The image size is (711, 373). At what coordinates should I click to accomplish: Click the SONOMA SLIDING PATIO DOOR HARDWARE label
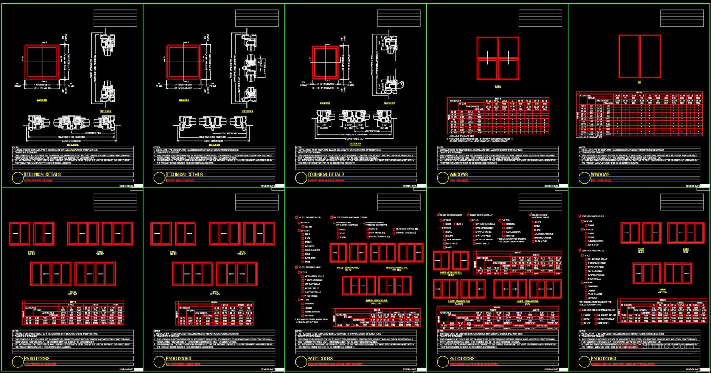(x=347, y=224)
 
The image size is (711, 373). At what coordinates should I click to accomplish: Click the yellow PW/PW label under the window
(x=497, y=86)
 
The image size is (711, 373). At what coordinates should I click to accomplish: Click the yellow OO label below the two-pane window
(x=640, y=83)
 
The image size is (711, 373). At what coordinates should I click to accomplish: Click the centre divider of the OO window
(x=640, y=56)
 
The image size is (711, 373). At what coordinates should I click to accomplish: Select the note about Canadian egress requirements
(x=480, y=139)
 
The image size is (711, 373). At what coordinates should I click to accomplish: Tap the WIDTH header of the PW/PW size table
(x=498, y=98)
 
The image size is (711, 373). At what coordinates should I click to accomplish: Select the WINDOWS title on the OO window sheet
(x=600, y=174)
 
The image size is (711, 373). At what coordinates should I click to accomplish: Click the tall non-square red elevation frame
(x=325, y=63)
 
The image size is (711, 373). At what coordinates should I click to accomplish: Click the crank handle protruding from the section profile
(x=401, y=84)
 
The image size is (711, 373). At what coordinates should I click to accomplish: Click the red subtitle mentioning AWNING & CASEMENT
(x=326, y=180)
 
